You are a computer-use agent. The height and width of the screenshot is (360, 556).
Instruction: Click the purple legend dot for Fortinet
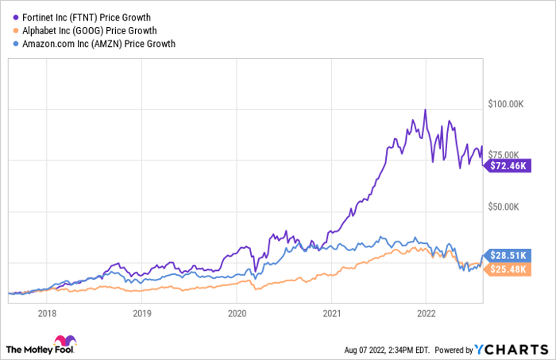click(9, 17)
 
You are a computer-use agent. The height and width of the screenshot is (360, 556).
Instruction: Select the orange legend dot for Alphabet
click(9, 30)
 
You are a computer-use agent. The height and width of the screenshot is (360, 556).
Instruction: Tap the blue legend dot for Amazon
click(9, 44)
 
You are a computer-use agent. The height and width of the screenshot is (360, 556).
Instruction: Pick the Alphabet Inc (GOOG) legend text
click(77, 30)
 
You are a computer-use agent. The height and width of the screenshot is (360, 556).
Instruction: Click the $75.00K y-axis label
click(504, 155)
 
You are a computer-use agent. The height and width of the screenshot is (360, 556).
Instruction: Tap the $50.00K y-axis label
click(504, 207)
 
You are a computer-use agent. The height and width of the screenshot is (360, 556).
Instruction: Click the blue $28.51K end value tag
click(505, 255)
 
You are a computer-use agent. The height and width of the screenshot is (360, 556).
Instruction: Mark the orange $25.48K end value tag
click(505, 269)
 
